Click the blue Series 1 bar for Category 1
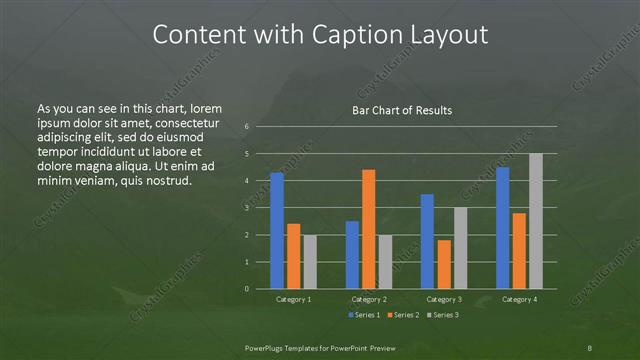(x=277, y=230)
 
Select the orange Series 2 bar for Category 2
(x=369, y=229)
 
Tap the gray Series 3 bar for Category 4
(x=536, y=221)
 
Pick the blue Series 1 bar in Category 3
(x=427, y=241)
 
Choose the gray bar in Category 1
(x=310, y=261)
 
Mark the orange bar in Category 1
(x=294, y=256)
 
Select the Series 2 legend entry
(x=403, y=316)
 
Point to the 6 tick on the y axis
(x=247, y=127)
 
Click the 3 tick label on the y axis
(x=247, y=208)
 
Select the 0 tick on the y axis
(x=247, y=289)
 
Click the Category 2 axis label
(x=368, y=299)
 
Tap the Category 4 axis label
(x=519, y=299)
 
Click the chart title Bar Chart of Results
(x=402, y=109)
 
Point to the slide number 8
(x=590, y=347)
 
